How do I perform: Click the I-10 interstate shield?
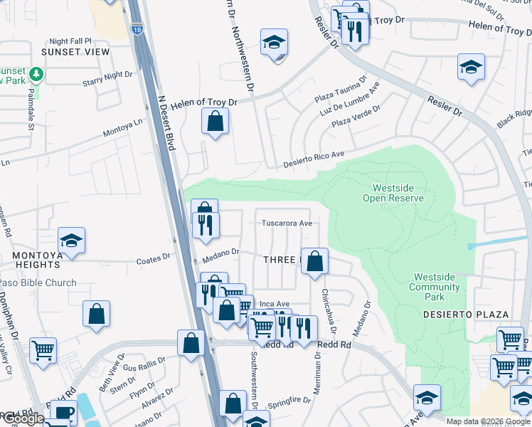click(137, 29)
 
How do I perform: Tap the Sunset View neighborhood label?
click(75, 52)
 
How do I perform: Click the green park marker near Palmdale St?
click(34, 74)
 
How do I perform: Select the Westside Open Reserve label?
click(393, 193)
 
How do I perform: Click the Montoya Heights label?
click(31, 264)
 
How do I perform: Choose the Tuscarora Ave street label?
click(287, 223)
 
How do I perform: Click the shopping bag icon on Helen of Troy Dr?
click(215, 122)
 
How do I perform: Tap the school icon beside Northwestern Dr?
click(274, 44)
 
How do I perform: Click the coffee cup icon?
click(63, 413)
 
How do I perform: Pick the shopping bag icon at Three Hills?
click(314, 261)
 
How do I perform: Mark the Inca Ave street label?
click(274, 304)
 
